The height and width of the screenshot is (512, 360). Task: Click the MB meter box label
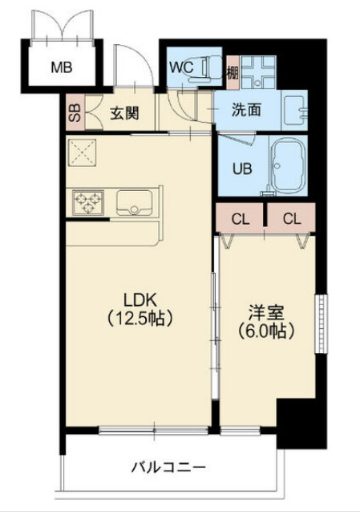[x=62, y=67]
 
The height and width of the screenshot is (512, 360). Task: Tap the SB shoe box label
[x=74, y=112]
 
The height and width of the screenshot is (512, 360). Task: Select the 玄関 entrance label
[x=124, y=112]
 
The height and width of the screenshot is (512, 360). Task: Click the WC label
[x=180, y=67]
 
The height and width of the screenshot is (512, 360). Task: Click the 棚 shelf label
[x=232, y=72]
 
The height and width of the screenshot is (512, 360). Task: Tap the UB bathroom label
[x=241, y=169]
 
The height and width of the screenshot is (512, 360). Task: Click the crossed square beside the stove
[x=81, y=152]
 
